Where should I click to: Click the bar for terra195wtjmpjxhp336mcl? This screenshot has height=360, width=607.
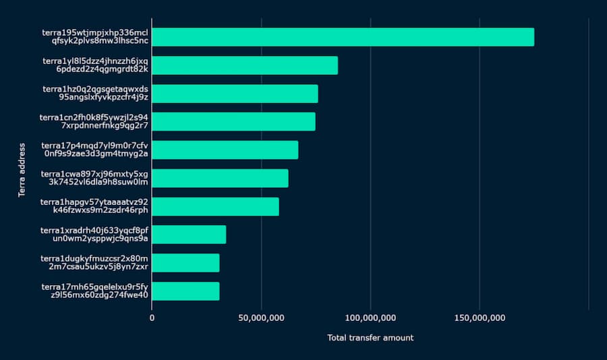tap(343, 37)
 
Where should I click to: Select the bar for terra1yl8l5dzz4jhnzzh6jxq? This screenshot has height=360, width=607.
tap(245, 65)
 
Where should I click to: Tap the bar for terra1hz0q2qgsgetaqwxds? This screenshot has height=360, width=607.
tap(235, 94)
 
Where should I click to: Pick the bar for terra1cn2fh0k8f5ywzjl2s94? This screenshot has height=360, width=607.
tap(233, 121)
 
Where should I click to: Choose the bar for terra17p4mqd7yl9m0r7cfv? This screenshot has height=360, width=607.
tap(225, 150)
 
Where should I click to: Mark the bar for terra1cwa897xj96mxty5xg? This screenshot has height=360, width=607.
tap(220, 178)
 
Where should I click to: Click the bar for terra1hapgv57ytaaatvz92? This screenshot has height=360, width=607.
tap(215, 206)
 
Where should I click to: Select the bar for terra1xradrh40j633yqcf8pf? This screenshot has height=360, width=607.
tap(189, 235)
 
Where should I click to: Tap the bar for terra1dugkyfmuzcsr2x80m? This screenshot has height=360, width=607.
tap(185, 263)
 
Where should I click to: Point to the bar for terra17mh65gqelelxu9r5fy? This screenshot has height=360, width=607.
tap(185, 291)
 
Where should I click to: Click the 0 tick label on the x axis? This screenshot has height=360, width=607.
tap(152, 317)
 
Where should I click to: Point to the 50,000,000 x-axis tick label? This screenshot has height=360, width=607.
tap(261, 317)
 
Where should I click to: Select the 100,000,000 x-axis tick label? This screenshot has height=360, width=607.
tap(370, 317)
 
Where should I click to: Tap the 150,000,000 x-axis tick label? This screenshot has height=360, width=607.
tap(480, 317)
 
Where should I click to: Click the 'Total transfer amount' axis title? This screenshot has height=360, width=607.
tap(370, 338)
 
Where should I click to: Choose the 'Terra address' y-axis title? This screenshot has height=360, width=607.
tap(23, 170)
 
